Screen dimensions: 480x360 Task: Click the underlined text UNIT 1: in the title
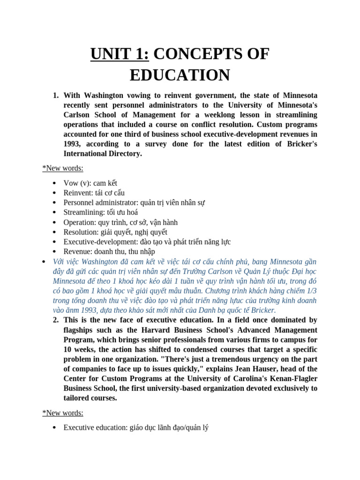coord(120,54)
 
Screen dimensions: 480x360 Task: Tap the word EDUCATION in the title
coord(180,75)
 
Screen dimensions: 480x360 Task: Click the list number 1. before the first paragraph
coord(56,95)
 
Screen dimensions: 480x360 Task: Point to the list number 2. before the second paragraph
coord(56,320)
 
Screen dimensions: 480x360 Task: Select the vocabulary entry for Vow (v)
coord(90,183)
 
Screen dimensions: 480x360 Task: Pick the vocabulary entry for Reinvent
coord(94,193)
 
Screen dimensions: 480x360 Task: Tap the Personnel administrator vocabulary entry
coord(134,202)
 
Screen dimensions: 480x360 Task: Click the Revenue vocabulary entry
coord(109,252)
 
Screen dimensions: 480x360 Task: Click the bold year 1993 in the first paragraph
coord(74,144)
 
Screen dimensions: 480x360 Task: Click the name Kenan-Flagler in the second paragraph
coord(291,379)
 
